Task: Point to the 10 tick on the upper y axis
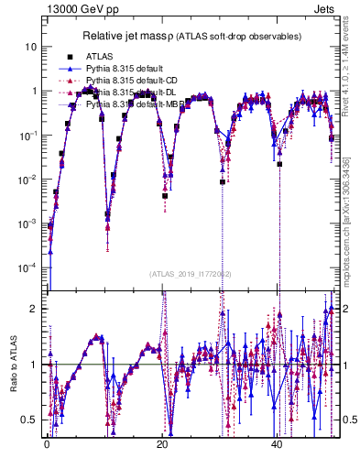[31, 47]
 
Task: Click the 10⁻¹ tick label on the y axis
[28, 135]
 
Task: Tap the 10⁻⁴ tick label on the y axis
[28, 267]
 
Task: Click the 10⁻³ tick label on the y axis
[28, 224]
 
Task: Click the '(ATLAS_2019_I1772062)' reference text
[191, 274]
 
